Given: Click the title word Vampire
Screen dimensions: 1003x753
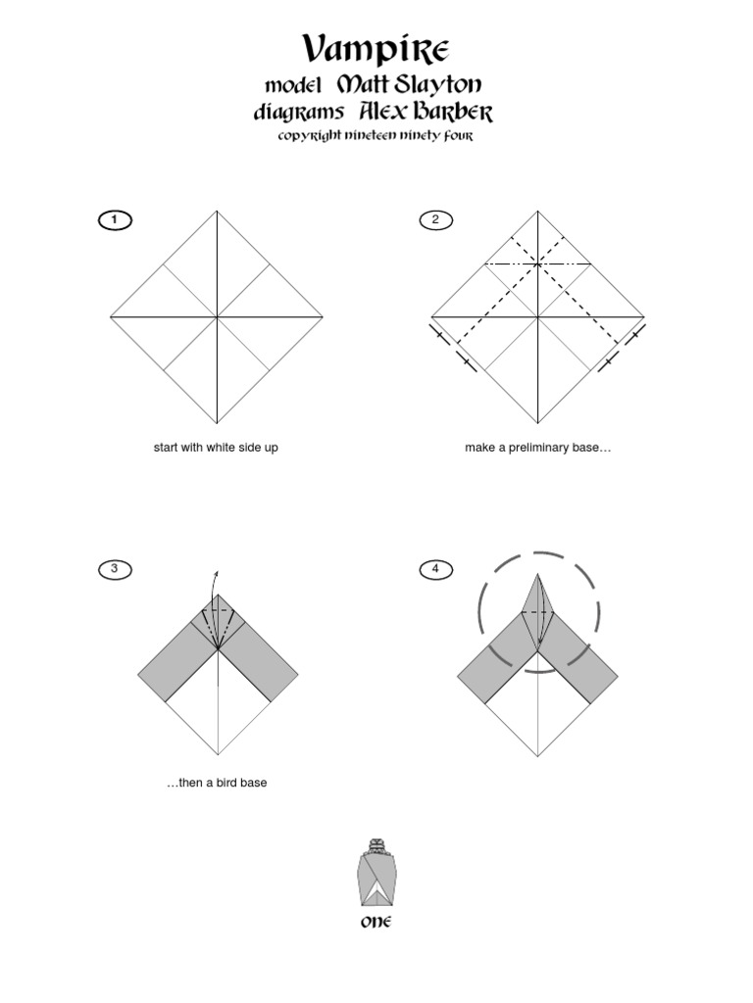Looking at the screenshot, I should (x=376, y=47).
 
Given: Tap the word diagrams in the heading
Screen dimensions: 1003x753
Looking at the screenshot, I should (x=298, y=114).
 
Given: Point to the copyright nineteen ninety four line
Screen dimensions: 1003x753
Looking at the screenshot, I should (x=376, y=137).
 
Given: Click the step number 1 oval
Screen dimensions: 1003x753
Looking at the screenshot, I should (x=115, y=219).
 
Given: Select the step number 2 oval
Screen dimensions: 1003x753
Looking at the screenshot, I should (x=435, y=219).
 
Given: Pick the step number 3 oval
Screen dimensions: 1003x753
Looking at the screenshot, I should (x=115, y=568).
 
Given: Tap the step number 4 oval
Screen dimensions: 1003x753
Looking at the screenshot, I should (x=435, y=568).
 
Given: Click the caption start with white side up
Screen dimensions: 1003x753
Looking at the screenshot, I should (x=216, y=448).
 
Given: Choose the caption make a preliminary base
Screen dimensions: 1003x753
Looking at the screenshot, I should (x=538, y=448).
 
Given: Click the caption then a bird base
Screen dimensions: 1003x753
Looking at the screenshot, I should (x=216, y=783).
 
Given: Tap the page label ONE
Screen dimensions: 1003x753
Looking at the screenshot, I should (x=376, y=922).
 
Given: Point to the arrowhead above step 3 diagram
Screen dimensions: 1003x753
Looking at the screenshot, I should (x=217, y=572).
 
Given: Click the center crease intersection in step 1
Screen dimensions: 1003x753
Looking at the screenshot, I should (x=217, y=316).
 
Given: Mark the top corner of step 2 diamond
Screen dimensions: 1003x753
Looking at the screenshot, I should (x=537, y=212).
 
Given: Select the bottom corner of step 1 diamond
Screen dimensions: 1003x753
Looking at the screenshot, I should (x=217, y=422).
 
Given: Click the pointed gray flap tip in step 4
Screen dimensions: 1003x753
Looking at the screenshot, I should (x=537, y=575).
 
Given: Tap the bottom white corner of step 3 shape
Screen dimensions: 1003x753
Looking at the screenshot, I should (x=217, y=755).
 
